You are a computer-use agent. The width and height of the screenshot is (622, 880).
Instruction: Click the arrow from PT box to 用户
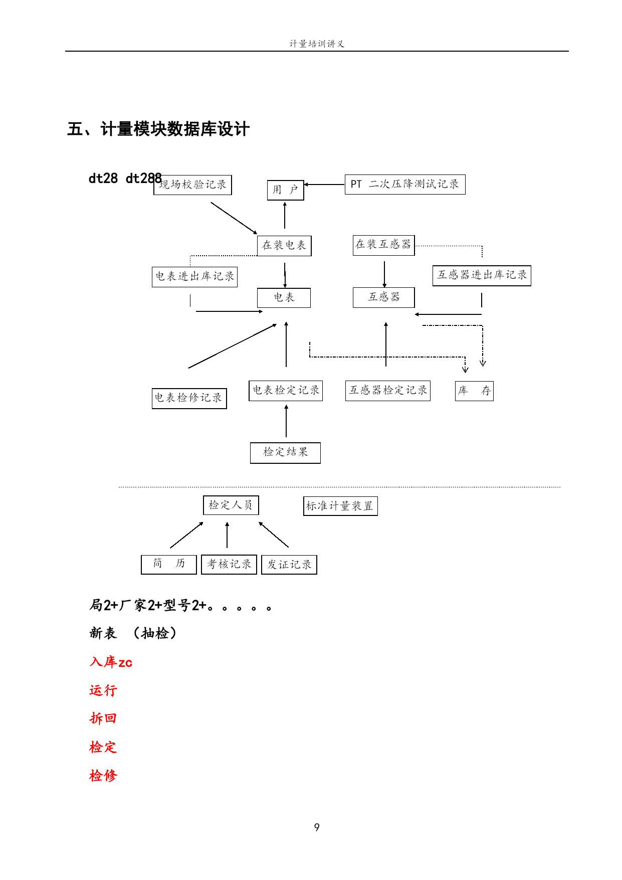coord(324,185)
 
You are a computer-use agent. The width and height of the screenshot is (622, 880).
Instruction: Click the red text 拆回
coord(103,719)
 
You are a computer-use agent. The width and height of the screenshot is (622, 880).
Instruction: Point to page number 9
coord(317,827)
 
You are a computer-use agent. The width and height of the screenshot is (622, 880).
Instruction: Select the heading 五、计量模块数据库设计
coord(158,129)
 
